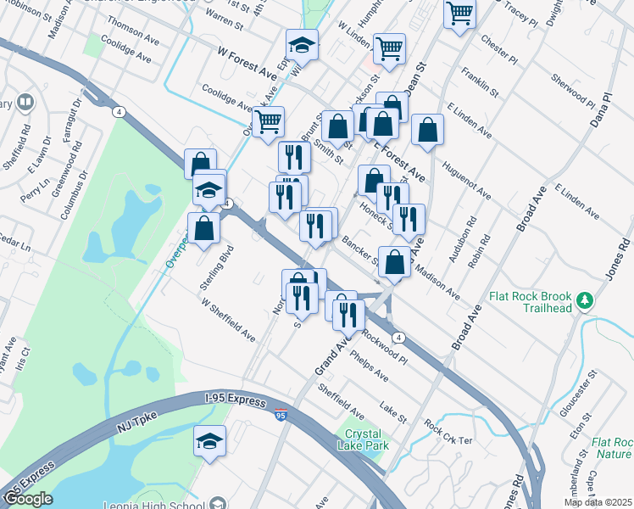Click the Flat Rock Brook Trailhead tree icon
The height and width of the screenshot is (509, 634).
[x=583, y=300]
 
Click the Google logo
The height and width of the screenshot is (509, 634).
[x=28, y=499]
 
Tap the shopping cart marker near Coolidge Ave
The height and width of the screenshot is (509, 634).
[x=268, y=122]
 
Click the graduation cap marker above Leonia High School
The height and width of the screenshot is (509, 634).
[x=210, y=441]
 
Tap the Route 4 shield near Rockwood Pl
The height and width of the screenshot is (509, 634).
[x=398, y=337]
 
